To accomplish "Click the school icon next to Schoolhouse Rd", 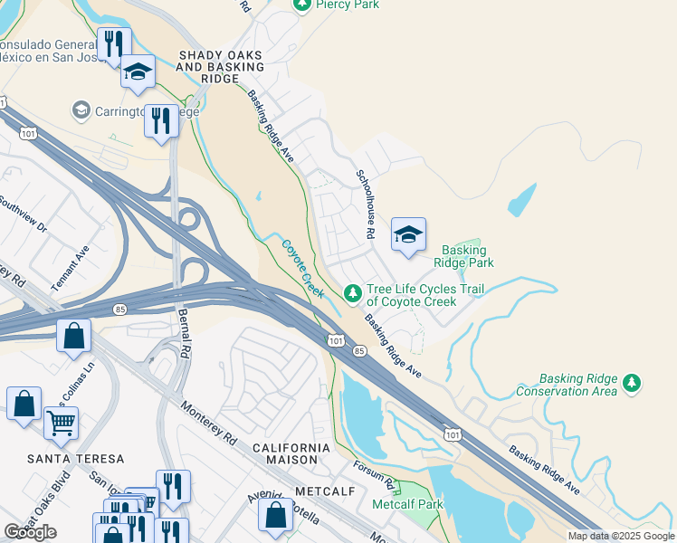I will (408, 234).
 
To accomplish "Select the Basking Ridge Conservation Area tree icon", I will (632, 384).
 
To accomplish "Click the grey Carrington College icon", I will (81, 110).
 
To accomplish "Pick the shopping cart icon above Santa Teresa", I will (61, 421).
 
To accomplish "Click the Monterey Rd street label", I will (209, 422).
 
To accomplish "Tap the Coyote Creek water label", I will (302, 268).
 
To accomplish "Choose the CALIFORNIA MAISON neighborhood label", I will (291, 453).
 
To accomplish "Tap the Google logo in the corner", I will (30, 532).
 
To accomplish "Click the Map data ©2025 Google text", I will (620, 536).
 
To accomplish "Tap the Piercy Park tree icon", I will (302, 5).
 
